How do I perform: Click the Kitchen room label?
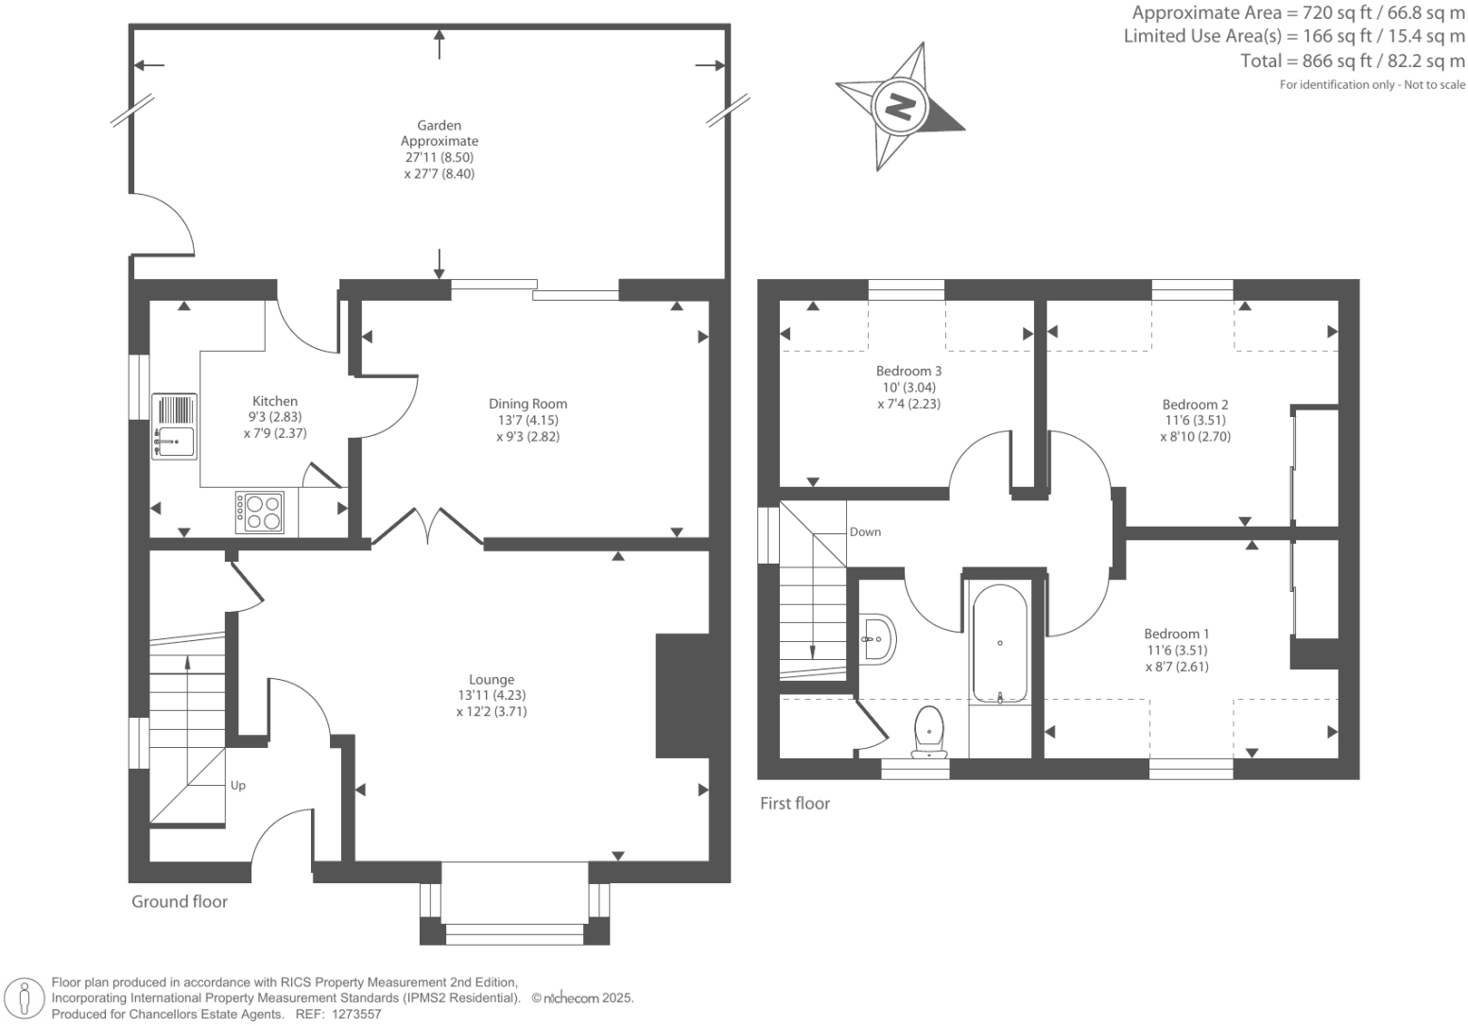tap(274, 402)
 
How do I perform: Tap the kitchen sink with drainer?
tap(174, 426)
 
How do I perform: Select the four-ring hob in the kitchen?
tap(260, 512)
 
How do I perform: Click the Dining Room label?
tap(527, 404)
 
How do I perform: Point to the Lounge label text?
tap(492, 679)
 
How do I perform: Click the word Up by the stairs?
tap(238, 786)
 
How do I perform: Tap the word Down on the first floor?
tap(865, 532)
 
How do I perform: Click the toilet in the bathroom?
tap(930, 731)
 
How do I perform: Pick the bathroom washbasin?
tap(878, 639)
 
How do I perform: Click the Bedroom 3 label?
tap(908, 372)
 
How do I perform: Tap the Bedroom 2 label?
tap(1195, 405)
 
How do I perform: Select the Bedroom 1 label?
tap(1176, 635)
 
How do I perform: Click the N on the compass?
tap(901, 105)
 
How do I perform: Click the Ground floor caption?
tap(180, 902)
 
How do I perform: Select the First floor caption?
tap(795, 804)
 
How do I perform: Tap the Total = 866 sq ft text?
tap(1352, 61)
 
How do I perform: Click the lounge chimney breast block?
tap(682, 695)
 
